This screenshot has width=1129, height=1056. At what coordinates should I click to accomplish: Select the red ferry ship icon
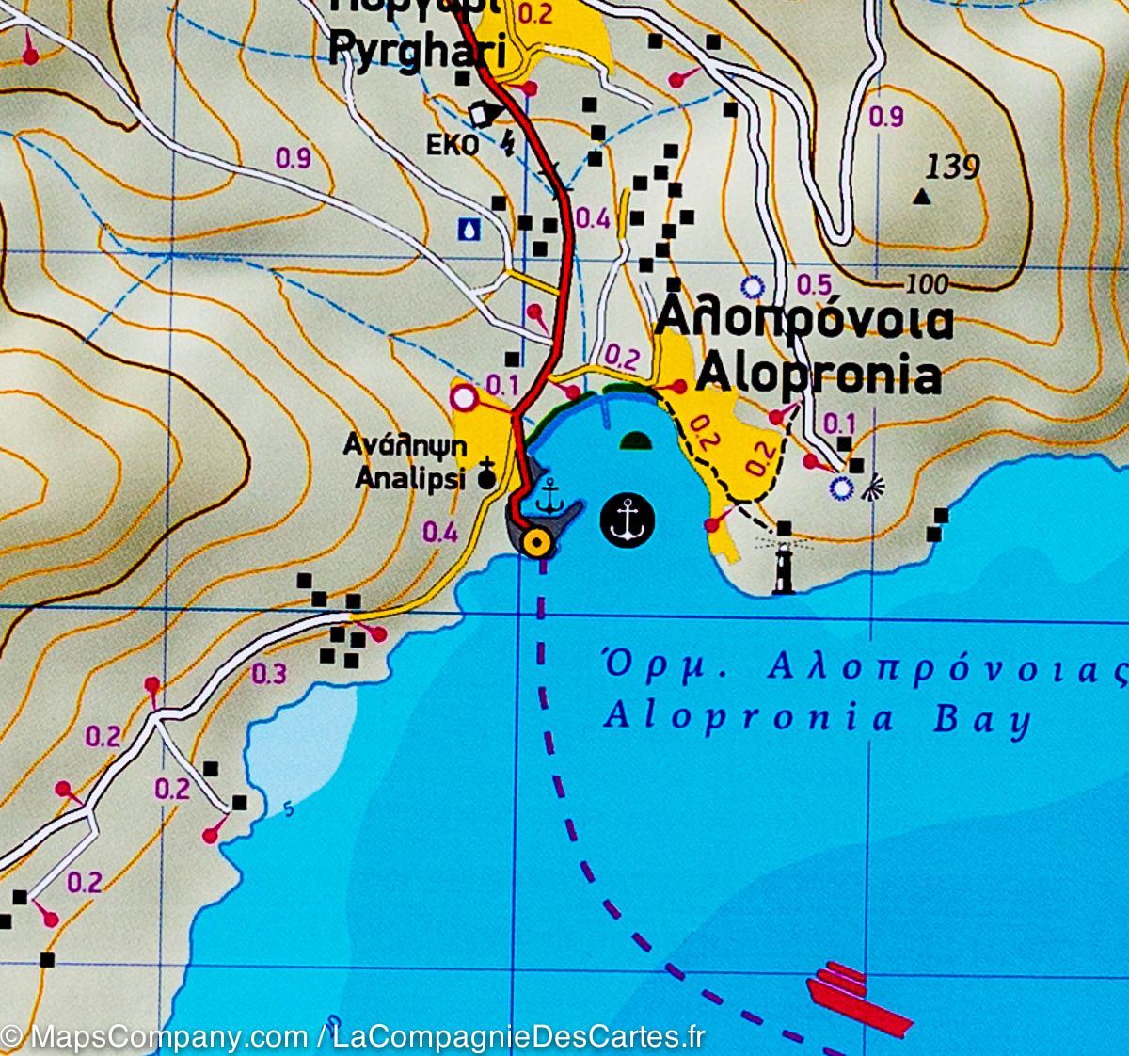pyautogui.click(x=857, y=1000)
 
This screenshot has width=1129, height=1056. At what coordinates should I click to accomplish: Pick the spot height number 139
pyautogui.click(x=952, y=168)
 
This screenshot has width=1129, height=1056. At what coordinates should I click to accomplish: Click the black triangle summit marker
pyautogui.click(x=922, y=197)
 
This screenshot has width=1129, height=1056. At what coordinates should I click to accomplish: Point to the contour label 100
pyautogui.click(x=929, y=283)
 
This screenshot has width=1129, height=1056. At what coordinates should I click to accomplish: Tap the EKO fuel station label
pyautogui.click(x=453, y=145)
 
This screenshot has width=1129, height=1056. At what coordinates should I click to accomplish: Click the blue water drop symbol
pyautogui.click(x=469, y=229)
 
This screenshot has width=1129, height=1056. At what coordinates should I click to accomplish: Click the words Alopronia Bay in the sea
pyautogui.click(x=817, y=717)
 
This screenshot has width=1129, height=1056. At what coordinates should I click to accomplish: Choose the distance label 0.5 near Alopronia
pyautogui.click(x=814, y=284)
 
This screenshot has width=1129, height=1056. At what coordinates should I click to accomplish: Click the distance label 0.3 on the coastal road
pyautogui.click(x=269, y=674)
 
